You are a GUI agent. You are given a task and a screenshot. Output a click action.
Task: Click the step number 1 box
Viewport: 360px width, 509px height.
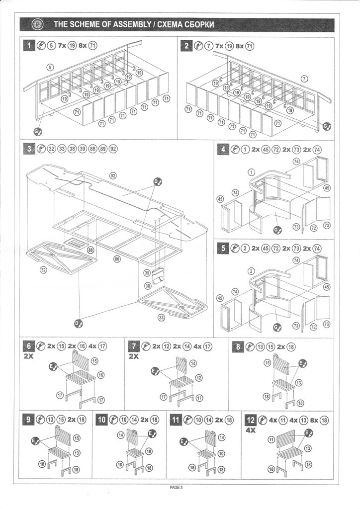(x=30, y=46)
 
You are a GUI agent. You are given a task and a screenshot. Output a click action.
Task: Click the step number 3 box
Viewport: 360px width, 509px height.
(x=30, y=149)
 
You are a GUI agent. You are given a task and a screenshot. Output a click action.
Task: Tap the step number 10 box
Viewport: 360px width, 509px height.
(x=101, y=420)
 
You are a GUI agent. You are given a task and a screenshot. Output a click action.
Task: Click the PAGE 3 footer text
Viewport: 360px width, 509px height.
(x=177, y=487)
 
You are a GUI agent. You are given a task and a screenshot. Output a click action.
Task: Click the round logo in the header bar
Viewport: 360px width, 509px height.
(x=38, y=24)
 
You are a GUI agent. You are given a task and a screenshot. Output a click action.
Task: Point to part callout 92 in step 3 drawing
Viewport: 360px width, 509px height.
(x=113, y=175)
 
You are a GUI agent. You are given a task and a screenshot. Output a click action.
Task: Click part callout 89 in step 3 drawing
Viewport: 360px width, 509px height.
(x=117, y=259)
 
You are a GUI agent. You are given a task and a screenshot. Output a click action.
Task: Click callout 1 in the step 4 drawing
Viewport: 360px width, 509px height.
(x=252, y=171)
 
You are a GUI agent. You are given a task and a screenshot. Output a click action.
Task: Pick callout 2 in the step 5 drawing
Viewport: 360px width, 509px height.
(x=252, y=271)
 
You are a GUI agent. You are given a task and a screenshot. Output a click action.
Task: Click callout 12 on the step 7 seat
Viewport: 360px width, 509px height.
(x=198, y=378)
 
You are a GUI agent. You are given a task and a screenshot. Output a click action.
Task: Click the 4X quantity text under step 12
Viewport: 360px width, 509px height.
(x=251, y=431)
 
